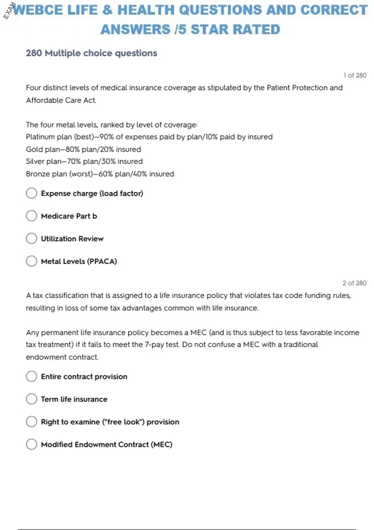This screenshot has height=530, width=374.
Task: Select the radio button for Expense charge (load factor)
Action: (31, 193)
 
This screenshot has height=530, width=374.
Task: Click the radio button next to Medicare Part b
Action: (31, 216)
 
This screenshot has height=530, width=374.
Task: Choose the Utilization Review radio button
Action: (31, 238)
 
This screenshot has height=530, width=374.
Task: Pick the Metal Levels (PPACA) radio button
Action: (31, 261)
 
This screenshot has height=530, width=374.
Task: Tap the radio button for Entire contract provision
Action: (31, 376)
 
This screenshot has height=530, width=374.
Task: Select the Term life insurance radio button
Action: (31, 399)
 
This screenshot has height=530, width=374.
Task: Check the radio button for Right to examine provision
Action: (31, 422)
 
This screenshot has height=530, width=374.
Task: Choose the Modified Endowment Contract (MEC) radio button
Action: (31, 444)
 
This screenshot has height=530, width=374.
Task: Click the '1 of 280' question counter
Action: (355, 75)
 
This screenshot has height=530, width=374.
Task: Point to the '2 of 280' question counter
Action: (354, 283)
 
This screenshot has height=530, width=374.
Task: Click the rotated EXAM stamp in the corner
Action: (9, 11)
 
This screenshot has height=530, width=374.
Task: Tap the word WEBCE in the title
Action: (38, 10)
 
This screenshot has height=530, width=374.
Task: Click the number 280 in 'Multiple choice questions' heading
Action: (34, 53)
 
